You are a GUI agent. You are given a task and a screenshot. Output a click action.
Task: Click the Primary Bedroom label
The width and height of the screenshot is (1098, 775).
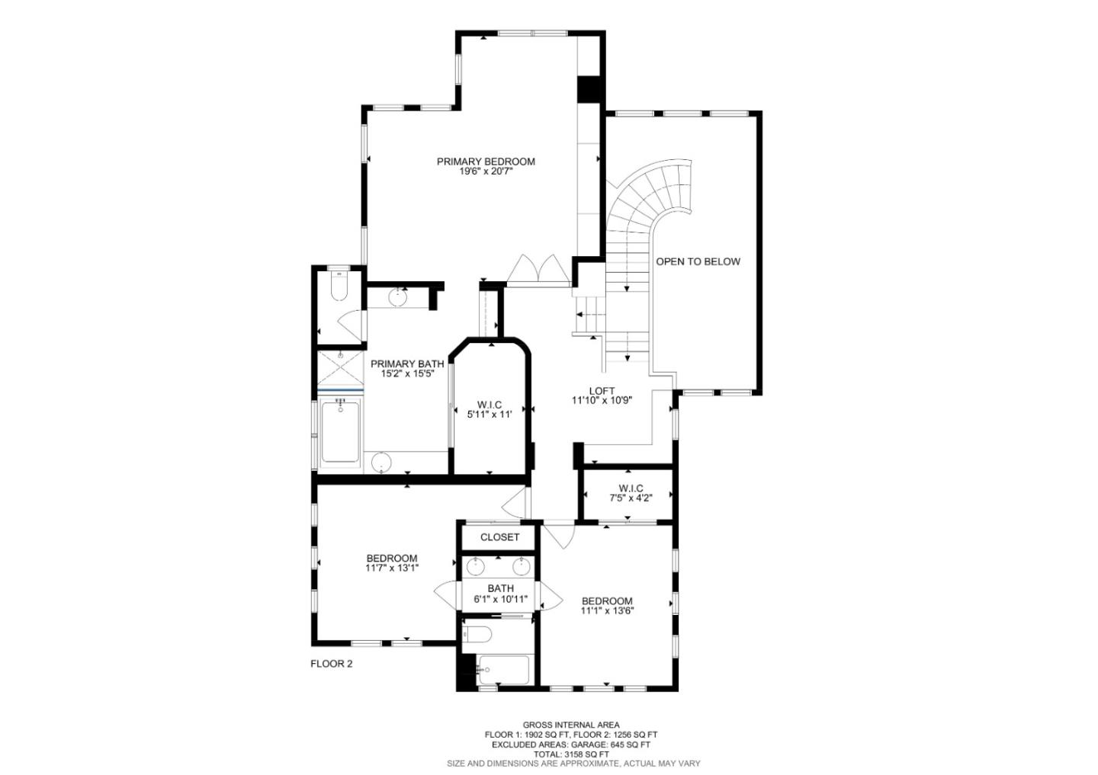click(x=486, y=166)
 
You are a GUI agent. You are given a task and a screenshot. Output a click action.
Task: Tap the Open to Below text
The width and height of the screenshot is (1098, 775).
click(x=698, y=261)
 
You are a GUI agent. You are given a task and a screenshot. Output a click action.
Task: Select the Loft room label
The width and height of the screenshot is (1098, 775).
click(x=602, y=396)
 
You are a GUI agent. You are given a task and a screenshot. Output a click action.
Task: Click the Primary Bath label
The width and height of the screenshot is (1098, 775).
click(x=407, y=369)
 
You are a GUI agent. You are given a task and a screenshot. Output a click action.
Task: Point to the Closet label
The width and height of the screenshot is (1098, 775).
click(x=499, y=537)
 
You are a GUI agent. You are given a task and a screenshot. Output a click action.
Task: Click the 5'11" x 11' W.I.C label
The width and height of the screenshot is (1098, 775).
click(x=489, y=409)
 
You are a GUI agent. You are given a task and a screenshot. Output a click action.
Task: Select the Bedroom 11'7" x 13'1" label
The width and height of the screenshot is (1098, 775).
click(x=391, y=562)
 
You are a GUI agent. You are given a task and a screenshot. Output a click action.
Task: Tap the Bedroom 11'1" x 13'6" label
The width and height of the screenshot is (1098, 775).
click(x=607, y=605)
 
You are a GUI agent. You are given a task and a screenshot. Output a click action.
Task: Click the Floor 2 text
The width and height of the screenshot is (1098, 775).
click(x=331, y=664)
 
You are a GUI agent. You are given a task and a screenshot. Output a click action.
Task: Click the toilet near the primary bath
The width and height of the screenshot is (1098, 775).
click(x=339, y=287)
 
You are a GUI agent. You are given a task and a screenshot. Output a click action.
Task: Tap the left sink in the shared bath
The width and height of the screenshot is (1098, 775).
click(x=476, y=566)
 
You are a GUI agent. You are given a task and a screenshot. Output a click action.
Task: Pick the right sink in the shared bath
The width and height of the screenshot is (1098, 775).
click(x=522, y=566)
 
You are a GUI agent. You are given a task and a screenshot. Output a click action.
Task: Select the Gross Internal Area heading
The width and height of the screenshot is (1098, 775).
click(x=570, y=725)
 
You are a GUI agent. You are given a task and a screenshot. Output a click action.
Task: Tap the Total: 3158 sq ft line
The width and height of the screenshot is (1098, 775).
click(x=570, y=754)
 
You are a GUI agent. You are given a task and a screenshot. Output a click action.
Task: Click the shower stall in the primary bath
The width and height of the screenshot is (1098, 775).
click(x=340, y=368)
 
